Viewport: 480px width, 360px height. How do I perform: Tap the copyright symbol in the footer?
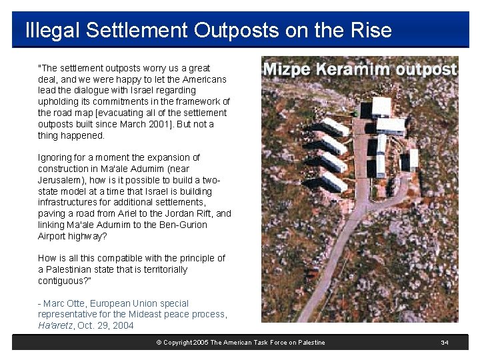(159, 343)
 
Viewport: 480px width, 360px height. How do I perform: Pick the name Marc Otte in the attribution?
(65, 303)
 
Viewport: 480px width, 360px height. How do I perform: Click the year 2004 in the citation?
(123, 325)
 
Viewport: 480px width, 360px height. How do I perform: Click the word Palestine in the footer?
(309, 343)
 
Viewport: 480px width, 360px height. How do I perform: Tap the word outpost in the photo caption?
(426, 69)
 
